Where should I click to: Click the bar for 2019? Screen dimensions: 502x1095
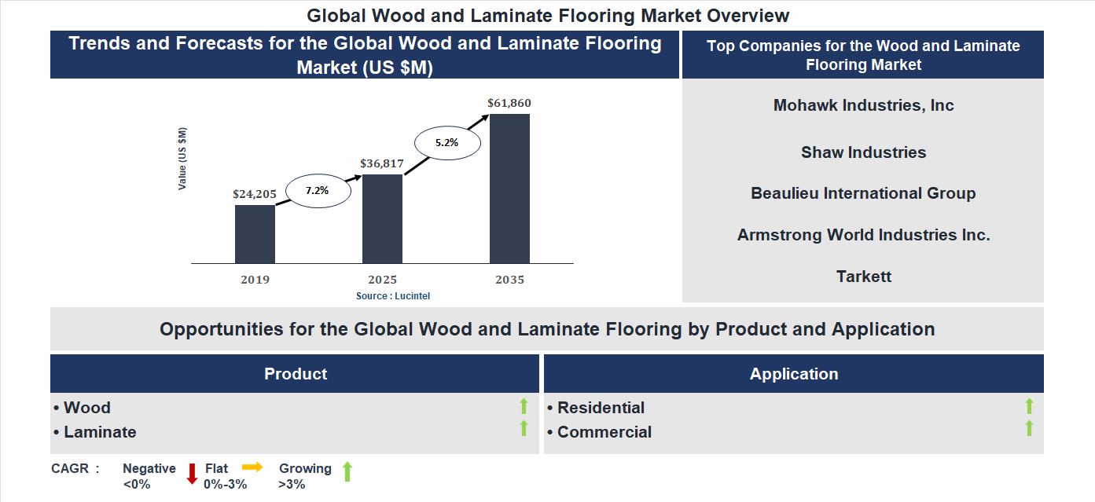click(x=255, y=234)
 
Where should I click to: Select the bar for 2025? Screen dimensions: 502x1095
click(x=382, y=218)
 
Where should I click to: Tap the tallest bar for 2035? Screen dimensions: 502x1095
click(x=509, y=189)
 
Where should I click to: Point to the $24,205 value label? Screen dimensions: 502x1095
click(x=255, y=193)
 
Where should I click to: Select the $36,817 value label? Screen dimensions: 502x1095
click(x=382, y=163)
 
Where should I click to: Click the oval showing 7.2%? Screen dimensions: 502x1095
click(x=318, y=191)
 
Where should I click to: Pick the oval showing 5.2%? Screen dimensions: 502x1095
click(x=446, y=143)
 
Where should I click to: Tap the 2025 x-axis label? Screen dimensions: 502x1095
click(x=382, y=280)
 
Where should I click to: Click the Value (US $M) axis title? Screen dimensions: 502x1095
click(x=182, y=159)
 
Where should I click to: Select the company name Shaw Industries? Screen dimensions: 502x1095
click(x=863, y=152)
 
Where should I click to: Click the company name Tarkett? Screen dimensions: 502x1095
click(x=863, y=277)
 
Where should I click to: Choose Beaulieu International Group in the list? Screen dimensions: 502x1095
click(x=863, y=193)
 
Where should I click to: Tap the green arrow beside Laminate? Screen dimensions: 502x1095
click(x=524, y=429)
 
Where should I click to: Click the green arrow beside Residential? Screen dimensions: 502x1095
click(x=1029, y=406)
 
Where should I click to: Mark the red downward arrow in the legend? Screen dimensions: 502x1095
click(x=191, y=474)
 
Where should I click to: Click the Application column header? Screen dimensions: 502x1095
click(x=793, y=374)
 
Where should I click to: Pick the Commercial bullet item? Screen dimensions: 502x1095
click(x=604, y=432)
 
